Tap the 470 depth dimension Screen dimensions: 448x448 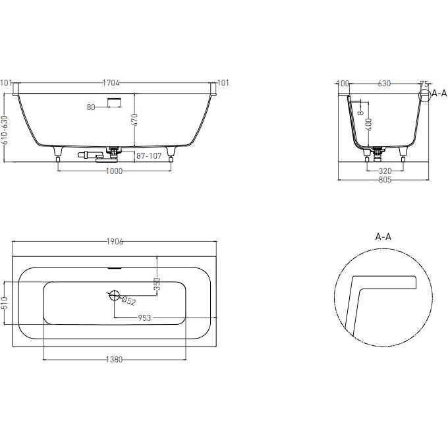point(134,120)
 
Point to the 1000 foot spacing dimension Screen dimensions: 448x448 point(114,171)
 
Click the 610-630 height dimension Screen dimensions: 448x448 point(5,130)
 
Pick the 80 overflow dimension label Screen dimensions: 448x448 point(92,106)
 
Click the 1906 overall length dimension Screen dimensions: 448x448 point(115,242)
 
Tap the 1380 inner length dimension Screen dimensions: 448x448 point(114,359)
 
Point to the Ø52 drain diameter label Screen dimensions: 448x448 point(129,300)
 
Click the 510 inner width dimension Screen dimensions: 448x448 point(5,302)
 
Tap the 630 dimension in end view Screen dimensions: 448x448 point(385,84)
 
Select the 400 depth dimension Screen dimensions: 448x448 point(369,124)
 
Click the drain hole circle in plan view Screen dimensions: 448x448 point(113,295)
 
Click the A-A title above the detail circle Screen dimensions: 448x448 point(384,236)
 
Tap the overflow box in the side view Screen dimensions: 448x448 point(115,101)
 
